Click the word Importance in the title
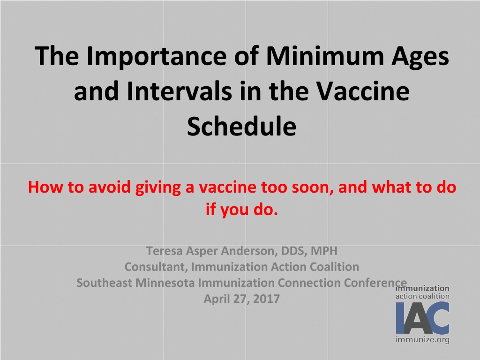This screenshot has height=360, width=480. point(157,57)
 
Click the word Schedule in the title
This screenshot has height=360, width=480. point(241,126)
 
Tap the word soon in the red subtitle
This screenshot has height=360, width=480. point(312,187)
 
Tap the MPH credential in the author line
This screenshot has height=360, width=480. point(324,251)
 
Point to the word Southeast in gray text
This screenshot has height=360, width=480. point(105,283)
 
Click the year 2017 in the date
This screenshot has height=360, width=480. point(266,299)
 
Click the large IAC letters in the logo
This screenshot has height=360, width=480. point(422,318)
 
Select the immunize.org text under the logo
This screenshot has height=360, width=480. point(422,339)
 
